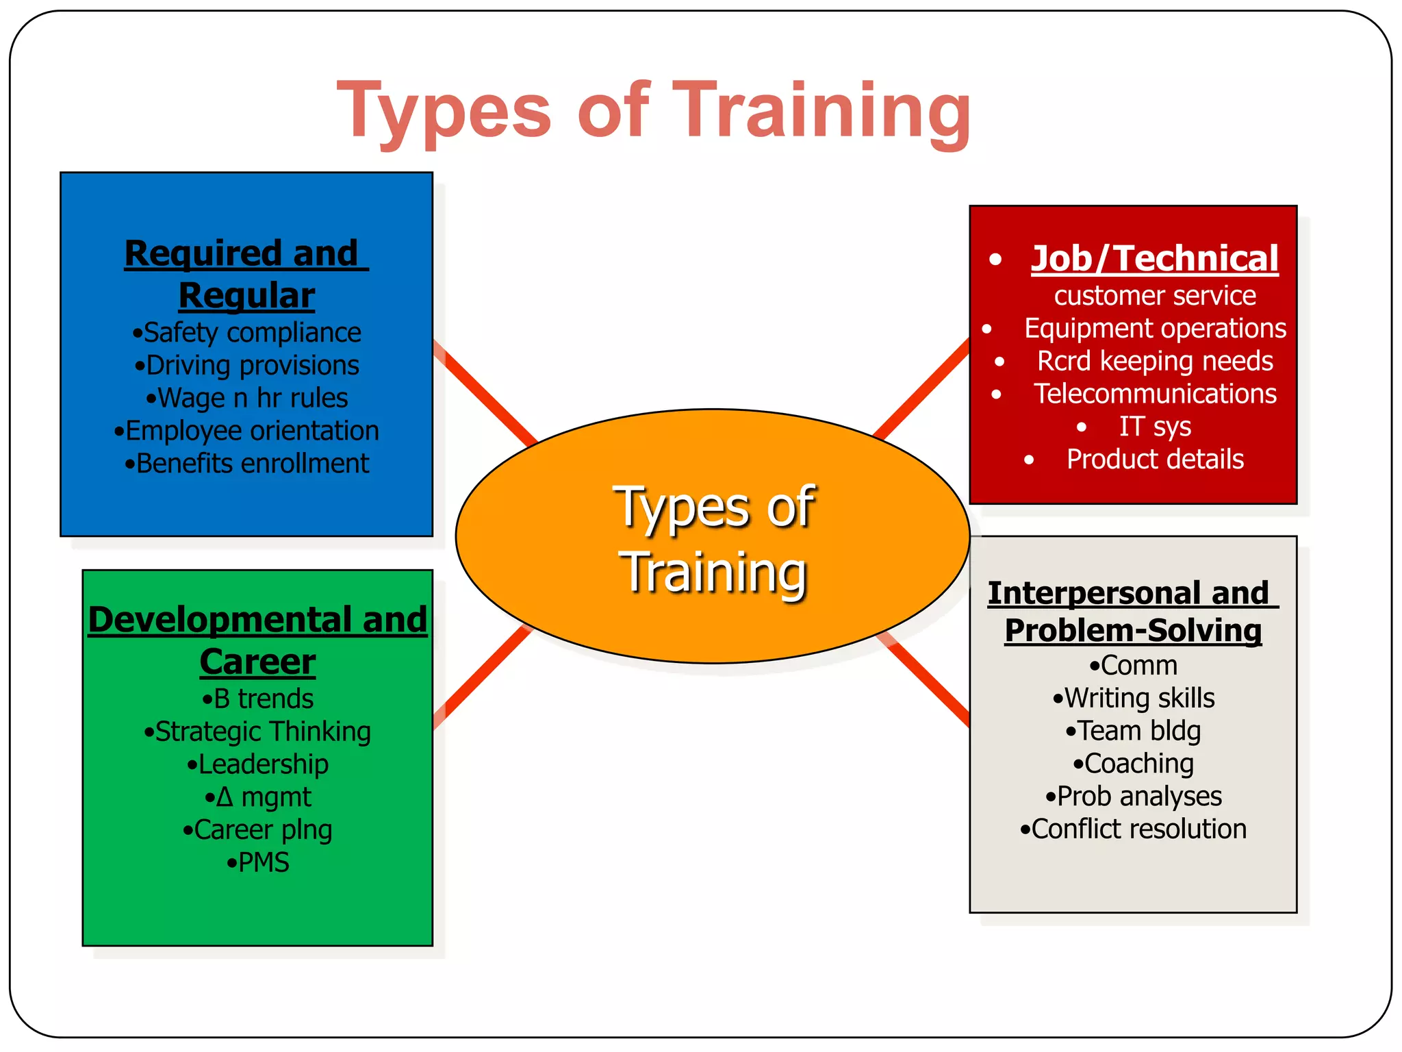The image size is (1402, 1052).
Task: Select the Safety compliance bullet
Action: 247,333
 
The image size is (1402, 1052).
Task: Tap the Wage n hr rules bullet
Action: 247,398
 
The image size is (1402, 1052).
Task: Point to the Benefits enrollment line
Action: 247,464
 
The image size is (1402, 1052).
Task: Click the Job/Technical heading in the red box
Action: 1154,258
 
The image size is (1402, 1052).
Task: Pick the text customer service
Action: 1154,296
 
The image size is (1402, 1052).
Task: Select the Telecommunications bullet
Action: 1154,394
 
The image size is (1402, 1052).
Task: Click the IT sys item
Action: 1154,427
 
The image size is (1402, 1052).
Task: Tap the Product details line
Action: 1154,460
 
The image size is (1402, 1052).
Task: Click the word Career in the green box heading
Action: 257,662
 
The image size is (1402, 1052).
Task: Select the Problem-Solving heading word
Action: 1133,631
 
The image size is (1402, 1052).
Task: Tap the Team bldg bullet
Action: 1133,731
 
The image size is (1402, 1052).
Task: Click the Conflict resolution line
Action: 1133,829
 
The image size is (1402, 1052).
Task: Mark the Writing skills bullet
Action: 1133,699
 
